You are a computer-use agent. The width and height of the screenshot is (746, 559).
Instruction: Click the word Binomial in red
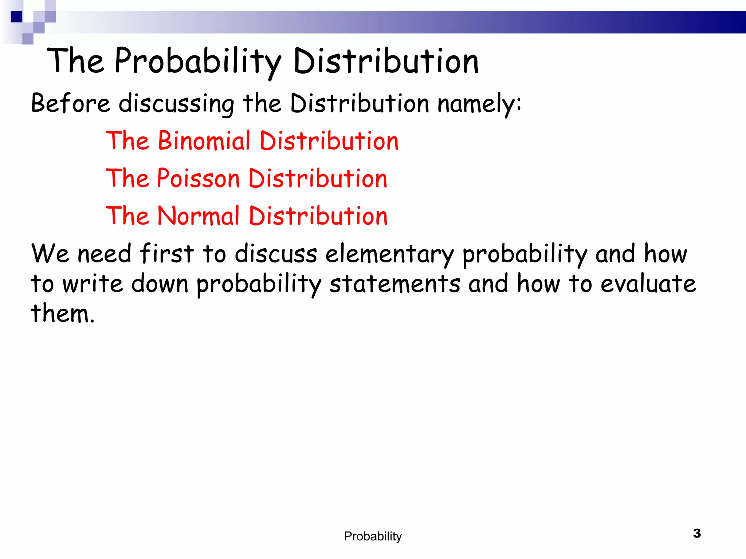204,141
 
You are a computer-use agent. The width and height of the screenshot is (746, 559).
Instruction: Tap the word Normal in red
199,216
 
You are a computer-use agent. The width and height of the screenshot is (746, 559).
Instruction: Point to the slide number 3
697,534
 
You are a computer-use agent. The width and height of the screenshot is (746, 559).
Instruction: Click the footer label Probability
373,536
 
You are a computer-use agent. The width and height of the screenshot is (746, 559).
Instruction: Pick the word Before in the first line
70,103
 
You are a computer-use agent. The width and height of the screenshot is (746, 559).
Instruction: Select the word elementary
389,254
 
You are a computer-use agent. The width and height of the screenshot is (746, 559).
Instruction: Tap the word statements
395,284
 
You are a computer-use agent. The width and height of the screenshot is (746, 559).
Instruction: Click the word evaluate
648,284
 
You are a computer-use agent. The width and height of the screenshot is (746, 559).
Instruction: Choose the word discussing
177,104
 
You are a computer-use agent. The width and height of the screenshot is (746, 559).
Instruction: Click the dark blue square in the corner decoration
16,17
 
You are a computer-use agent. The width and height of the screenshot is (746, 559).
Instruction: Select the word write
93,284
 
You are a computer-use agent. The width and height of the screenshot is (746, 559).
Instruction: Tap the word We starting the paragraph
50,254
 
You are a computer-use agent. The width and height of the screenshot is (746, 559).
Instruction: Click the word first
167,254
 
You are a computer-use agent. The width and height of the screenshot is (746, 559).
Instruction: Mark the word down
160,284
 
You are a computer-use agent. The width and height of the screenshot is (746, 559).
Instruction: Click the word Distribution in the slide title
386,62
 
